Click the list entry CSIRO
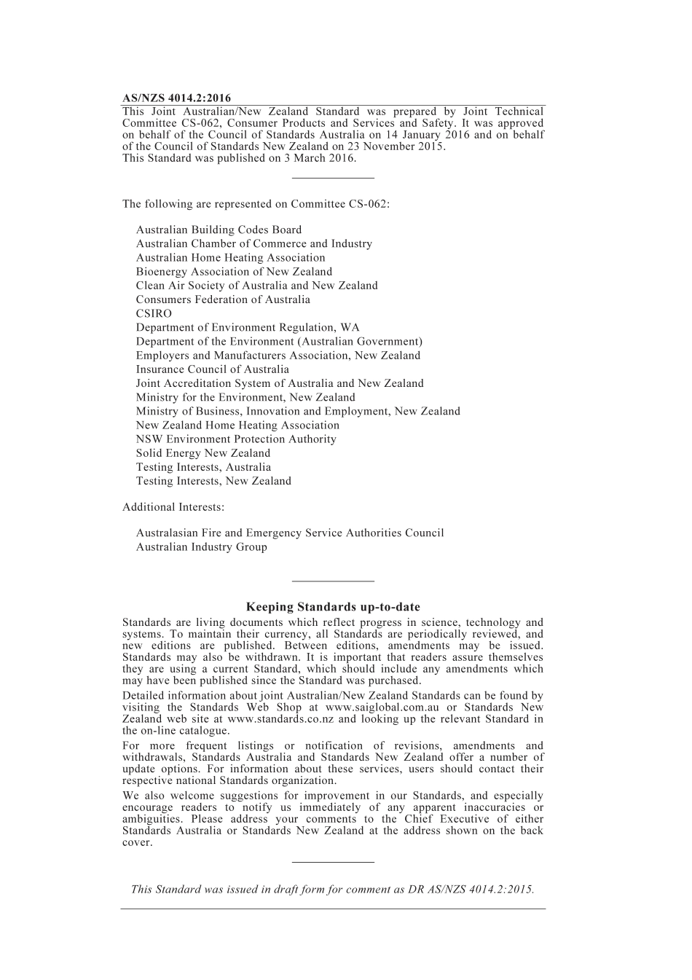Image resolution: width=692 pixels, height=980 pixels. (154, 313)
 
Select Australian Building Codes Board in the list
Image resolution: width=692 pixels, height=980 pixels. (219, 230)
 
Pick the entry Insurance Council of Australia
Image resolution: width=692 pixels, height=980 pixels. (212, 369)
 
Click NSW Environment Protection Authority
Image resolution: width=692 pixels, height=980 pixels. (236, 439)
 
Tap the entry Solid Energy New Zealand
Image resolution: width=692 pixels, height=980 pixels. (203, 453)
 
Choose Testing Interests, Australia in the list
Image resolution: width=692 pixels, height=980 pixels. (203, 467)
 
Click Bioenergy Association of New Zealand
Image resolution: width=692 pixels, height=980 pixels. (234, 272)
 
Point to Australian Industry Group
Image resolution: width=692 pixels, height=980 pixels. (201, 547)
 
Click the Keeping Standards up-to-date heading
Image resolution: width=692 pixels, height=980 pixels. (333, 607)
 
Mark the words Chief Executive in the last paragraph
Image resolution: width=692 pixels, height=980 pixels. (444, 820)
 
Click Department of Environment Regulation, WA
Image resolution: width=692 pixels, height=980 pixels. (248, 328)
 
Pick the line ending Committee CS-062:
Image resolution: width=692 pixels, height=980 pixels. (256, 204)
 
